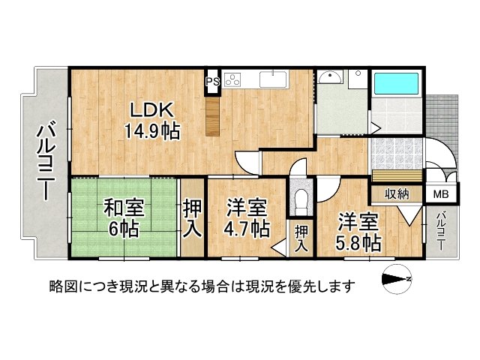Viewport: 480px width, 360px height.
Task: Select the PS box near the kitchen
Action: coord(212,81)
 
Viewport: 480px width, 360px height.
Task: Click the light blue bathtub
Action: coord(397,85)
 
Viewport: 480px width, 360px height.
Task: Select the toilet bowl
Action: coord(301,201)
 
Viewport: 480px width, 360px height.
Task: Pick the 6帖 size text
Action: coord(124,229)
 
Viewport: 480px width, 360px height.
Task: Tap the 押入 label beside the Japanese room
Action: coord(193,217)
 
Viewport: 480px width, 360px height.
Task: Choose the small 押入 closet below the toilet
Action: coord(301,239)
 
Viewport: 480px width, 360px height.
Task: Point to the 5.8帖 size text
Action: coord(358,243)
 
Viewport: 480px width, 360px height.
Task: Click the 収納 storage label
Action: coord(397,194)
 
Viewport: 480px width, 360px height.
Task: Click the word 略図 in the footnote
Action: coord(62,286)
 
